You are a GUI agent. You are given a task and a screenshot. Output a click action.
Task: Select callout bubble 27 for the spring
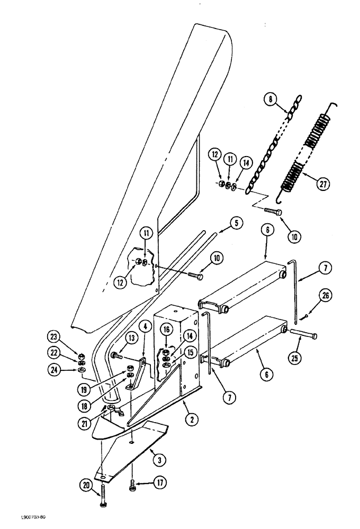pyautogui.click(x=322, y=184)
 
